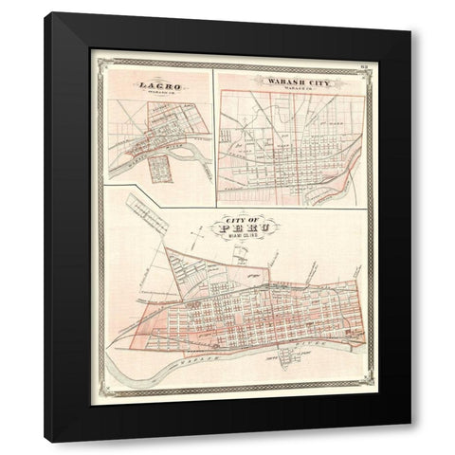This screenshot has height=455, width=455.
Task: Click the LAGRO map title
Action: coord(157,85)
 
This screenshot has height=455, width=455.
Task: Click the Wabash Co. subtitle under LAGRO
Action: coord(157,93)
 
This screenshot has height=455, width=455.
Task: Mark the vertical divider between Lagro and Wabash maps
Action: coord(214,128)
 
